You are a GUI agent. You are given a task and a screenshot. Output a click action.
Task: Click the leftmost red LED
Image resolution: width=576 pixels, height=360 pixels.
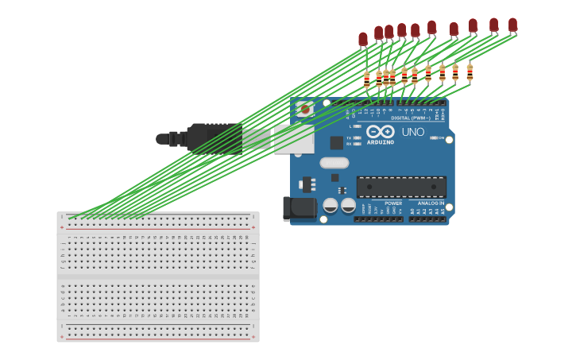363,39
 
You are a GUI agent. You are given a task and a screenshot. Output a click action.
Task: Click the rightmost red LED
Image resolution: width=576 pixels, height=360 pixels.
512,25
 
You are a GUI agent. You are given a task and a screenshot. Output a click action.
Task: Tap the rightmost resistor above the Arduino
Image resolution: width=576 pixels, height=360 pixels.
470,73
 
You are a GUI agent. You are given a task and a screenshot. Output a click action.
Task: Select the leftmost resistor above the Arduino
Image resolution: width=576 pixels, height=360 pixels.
366,79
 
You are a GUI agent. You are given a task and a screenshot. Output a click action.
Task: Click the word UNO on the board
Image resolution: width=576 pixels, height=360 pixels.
412,132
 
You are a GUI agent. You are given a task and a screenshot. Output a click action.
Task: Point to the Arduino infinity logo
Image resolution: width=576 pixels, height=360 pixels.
380,132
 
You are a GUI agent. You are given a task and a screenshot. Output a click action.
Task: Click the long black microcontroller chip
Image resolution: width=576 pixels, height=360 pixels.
400,187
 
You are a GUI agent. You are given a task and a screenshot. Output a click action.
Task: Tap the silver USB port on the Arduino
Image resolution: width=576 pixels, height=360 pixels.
294,138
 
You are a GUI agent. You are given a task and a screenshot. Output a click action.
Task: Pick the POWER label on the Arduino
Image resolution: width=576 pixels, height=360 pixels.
393,203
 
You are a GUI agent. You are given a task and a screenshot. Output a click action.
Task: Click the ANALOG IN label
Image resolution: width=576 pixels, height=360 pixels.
431,203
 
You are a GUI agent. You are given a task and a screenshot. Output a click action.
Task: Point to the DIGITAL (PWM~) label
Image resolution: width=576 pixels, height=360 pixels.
412,118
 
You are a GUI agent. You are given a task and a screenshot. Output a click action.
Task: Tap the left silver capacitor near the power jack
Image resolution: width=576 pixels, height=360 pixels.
331,205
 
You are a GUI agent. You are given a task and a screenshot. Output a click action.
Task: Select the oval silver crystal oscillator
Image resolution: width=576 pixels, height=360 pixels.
334,163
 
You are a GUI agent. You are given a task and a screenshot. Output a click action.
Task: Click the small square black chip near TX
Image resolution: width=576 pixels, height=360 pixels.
337,143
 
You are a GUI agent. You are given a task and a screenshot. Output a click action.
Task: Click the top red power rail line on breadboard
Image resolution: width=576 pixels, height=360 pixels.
157,227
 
